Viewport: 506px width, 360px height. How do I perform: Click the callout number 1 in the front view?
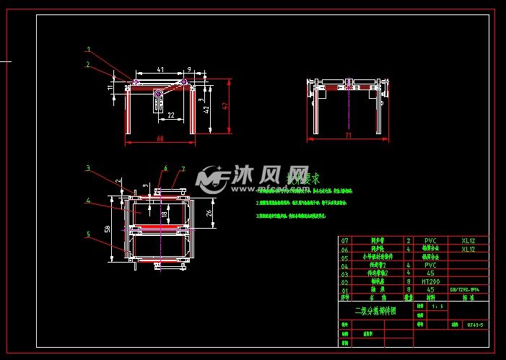pyautogui.click(x=89, y=51)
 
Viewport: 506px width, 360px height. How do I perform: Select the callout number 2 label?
pyautogui.click(x=88, y=64)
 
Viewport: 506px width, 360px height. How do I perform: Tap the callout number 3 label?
pyautogui.click(x=88, y=169)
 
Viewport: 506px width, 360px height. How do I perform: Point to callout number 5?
pyautogui.click(x=88, y=234)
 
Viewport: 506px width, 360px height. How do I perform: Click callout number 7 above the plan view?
pyautogui.click(x=183, y=169)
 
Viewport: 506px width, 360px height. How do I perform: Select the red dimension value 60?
pyautogui.click(x=160, y=138)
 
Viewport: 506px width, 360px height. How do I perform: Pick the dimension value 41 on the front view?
pyautogui.click(x=160, y=70)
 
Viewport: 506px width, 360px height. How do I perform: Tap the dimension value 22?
pyautogui.click(x=170, y=115)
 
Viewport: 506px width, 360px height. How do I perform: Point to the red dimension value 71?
pyautogui.click(x=348, y=135)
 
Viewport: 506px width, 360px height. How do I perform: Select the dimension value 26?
pyautogui.click(x=209, y=212)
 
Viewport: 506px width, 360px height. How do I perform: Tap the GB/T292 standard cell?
pyautogui.click(x=465, y=289)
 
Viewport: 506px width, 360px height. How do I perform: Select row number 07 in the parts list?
pyautogui.click(x=344, y=240)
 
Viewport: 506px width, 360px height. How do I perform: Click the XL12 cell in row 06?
pyautogui.click(x=468, y=249)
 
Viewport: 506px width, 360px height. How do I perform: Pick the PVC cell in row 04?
pyautogui.click(x=431, y=265)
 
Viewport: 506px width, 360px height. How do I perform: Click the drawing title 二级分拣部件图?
pyautogui.click(x=375, y=312)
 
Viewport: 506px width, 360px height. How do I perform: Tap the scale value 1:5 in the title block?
pyautogui.click(x=437, y=306)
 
